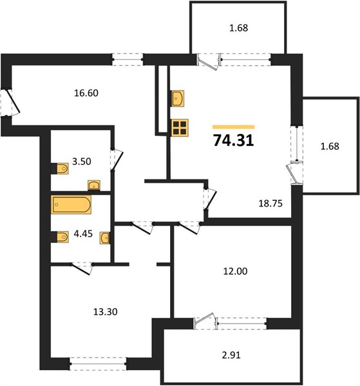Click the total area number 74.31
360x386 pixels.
point(233,140)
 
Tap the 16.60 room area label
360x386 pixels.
point(86,93)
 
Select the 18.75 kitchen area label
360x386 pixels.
point(270,203)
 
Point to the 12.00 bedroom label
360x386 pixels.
point(235,271)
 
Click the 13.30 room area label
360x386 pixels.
point(106,312)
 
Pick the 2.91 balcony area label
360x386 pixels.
point(231,355)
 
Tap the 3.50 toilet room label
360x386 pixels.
point(82,161)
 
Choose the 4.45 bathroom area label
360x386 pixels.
point(83,234)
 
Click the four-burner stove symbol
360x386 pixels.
point(180,128)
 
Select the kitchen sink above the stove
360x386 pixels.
point(178,98)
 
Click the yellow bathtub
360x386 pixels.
point(71,205)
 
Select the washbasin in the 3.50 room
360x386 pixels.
point(94,185)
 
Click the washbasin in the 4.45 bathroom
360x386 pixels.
point(105,238)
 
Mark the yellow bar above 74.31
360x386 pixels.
point(234,127)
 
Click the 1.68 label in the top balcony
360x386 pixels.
point(238,28)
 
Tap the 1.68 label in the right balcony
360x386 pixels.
point(330,147)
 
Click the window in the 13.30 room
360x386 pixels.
point(98,363)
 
